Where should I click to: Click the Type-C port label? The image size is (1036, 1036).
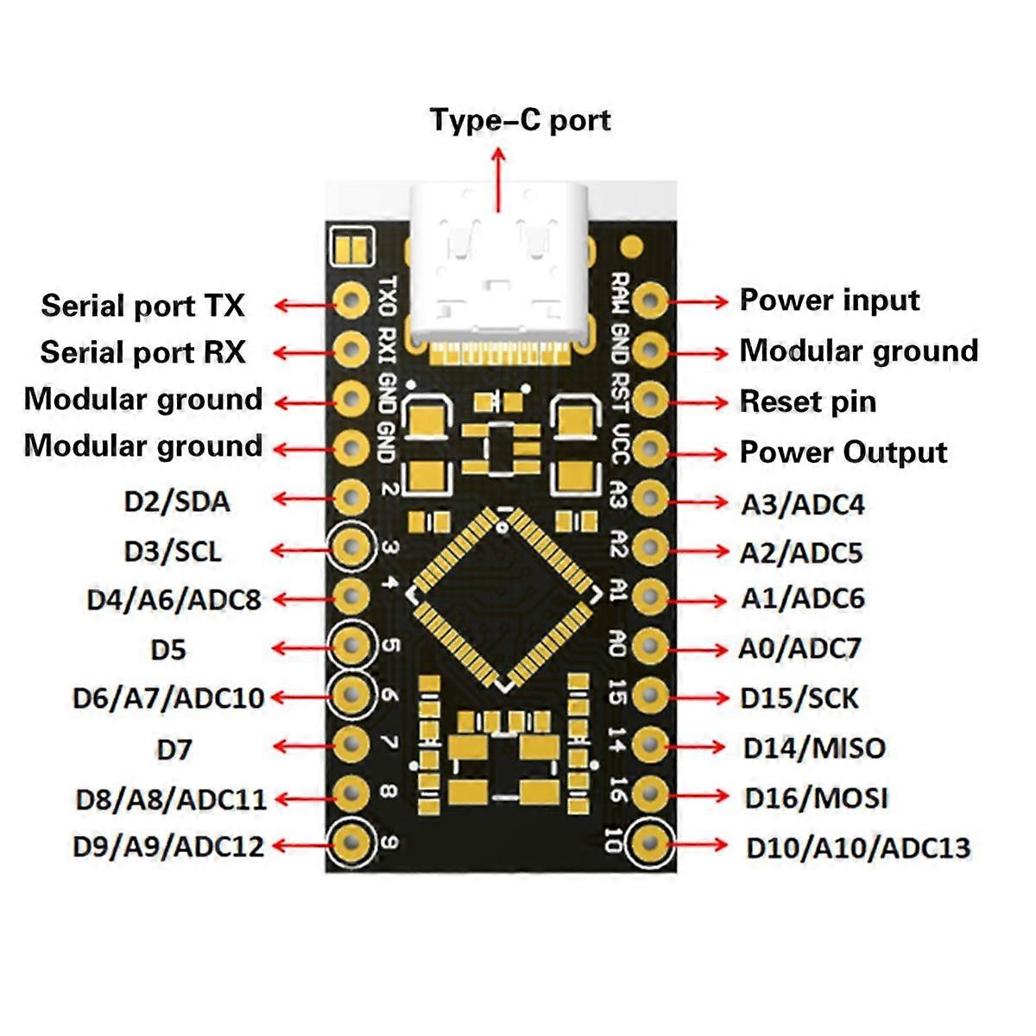(x=520, y=120)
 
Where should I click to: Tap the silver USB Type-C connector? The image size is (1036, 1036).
(x=499, y=263)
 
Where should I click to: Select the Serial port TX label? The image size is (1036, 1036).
(x=142, y=306)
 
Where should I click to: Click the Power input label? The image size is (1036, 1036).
(x=829, y=300)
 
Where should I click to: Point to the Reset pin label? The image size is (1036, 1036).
(x=807, y=401)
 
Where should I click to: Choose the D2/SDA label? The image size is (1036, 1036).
(x=177, y=502)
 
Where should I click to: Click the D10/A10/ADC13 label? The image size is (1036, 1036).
(x=858, y=848)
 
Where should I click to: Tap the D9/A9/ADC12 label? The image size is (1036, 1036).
(x=168, y=846)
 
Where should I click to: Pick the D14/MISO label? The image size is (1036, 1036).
(x=814, y=748)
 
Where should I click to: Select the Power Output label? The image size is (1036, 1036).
(x=843, y=452)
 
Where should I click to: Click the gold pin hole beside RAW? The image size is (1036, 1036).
(x=649, y=301)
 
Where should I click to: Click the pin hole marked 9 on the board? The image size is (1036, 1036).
(x=351, y=841)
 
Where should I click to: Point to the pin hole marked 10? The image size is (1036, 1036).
(x=649, y=842)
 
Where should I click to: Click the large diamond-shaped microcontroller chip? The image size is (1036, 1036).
(x=504, y=598)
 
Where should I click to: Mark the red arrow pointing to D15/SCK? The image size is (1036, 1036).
(x=698, y=697)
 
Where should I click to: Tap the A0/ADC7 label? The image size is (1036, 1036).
(x=799, y=648)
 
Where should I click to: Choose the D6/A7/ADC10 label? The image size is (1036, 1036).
(x=168, y=698)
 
